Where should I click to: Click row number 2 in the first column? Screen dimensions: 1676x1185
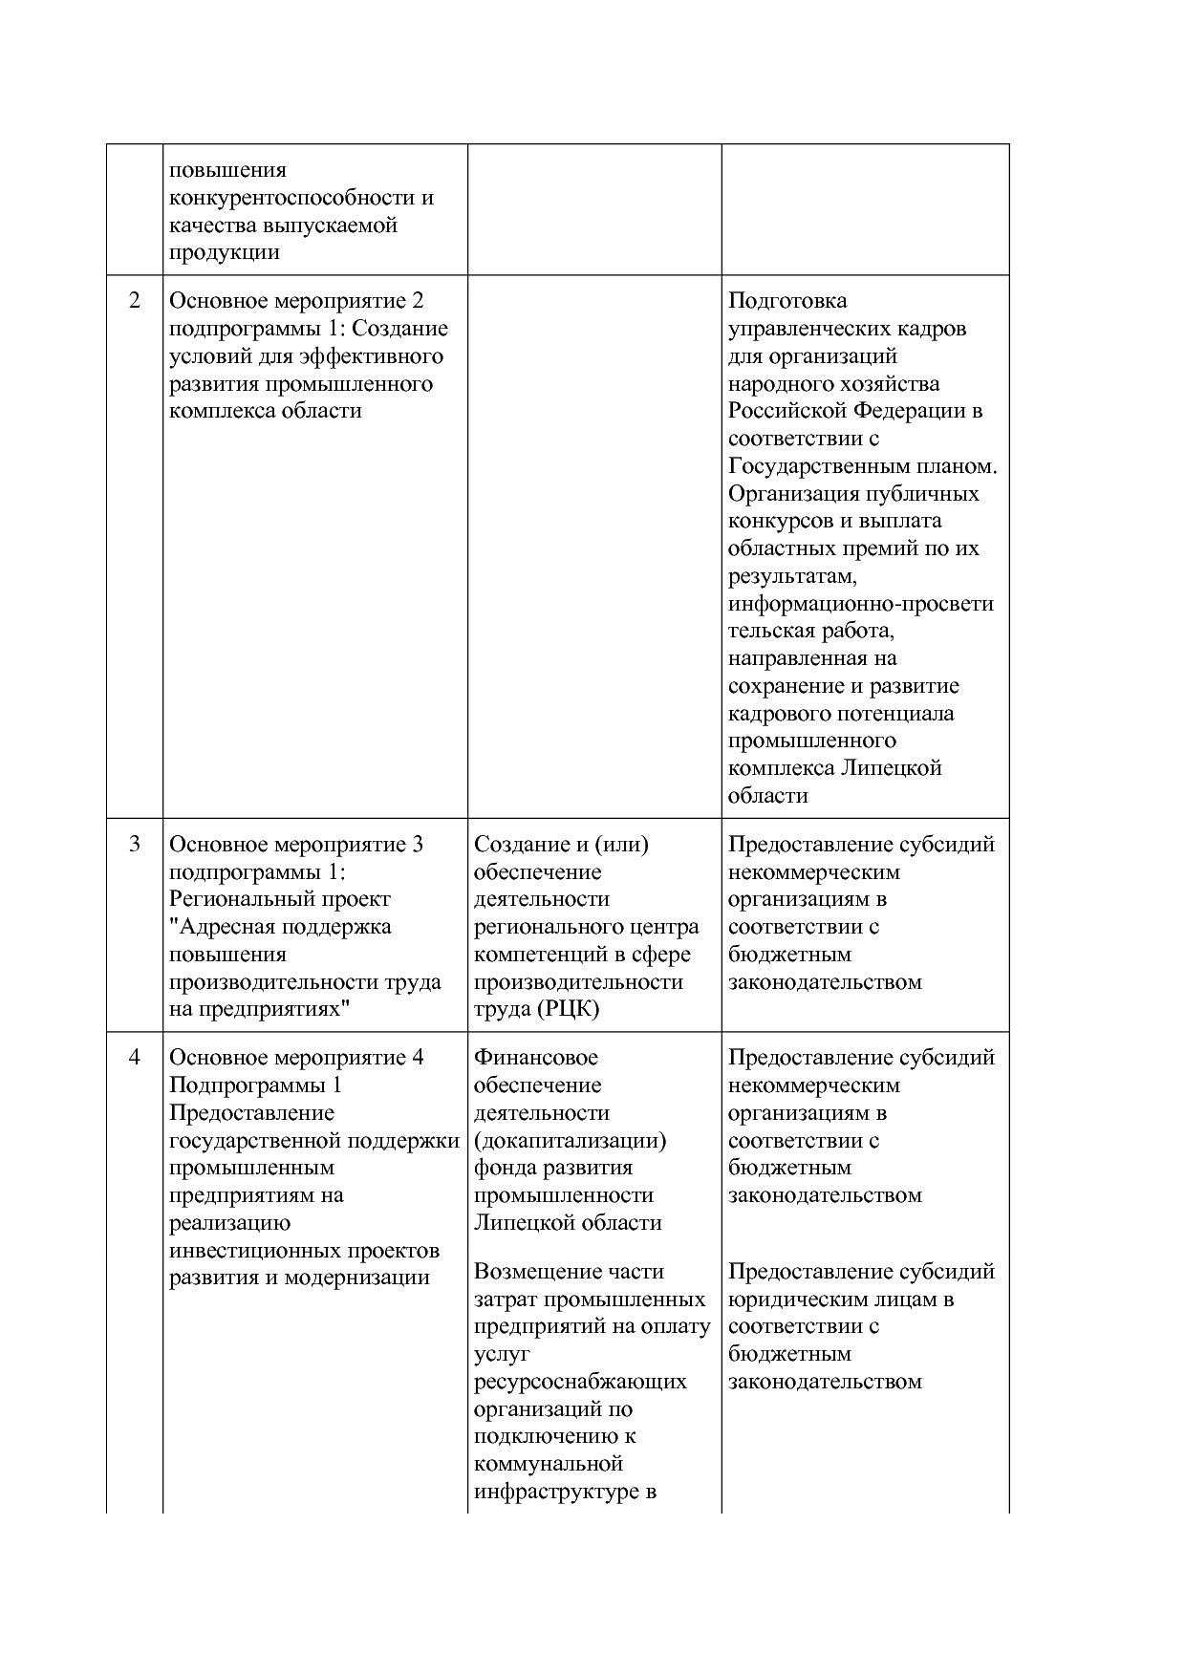tap(135, 301)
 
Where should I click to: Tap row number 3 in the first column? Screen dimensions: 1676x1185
tap(135, 845)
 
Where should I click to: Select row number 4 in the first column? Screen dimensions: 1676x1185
tap(135, 1058)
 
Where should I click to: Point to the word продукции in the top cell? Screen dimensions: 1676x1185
tap(225, 253)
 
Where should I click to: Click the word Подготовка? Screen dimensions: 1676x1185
tap(787, 301)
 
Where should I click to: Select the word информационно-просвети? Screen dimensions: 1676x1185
tap(860, 604)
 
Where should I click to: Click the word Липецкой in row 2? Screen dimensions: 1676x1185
tap(892, 768)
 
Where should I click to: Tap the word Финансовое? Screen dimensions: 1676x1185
tap(536, 1058)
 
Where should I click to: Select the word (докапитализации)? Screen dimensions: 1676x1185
tap(571, 1141)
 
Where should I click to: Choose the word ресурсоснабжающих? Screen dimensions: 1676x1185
tap(580, 1382)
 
